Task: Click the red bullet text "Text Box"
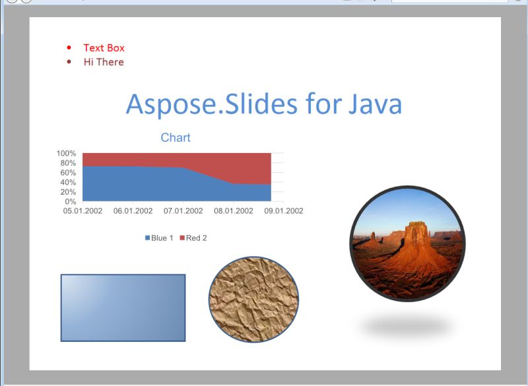click(104, 48)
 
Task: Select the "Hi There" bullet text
click(104, 62)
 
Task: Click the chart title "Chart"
click(176, 137)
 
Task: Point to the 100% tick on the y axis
click(68, 154)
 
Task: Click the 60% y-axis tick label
click(69, 173)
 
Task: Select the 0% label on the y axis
click(71, 201)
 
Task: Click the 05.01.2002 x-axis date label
click(82, 211)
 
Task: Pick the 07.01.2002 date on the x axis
click(183, 211)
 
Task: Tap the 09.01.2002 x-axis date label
click(284, 211)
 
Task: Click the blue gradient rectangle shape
click(123, 307)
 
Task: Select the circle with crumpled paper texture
click(253, 300)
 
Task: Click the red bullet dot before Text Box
click(70, 48)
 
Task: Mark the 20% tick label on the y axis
click(69, 192)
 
